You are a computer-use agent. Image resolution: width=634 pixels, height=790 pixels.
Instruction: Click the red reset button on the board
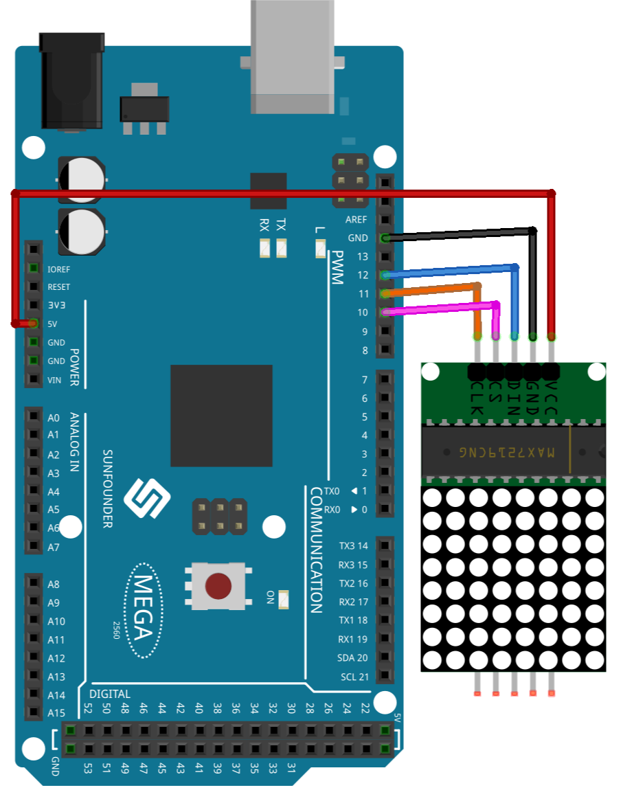tap(218, 586)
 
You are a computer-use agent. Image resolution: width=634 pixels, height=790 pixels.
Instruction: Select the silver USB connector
tap(293, 56)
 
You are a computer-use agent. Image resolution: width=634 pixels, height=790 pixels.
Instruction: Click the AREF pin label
tap(356, 220)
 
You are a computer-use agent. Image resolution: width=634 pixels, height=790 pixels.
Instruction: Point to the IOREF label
tap(58, 269)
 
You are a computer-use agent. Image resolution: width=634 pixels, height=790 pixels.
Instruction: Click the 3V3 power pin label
tap(56, 305)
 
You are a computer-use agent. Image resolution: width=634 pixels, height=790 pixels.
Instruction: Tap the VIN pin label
tap(54, 381)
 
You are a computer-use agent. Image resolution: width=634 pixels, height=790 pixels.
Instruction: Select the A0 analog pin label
tap(54, 418)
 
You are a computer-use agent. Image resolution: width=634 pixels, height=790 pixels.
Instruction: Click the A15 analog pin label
tap(56, 713)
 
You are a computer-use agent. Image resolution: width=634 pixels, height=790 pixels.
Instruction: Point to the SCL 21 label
tap(354, 677)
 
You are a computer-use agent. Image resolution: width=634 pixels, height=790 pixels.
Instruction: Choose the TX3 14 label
tap(353, 545)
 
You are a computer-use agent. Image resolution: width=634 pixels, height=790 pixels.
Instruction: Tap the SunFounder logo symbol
tap(147, 498)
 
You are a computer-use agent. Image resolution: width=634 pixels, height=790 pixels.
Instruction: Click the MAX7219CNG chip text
tap(506, 452)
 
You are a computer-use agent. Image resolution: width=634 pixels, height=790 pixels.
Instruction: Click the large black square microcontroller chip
tap(221, 416)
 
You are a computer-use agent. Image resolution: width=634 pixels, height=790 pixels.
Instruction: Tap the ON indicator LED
tap(284, 599)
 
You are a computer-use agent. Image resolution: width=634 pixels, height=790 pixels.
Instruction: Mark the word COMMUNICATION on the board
tap(316, 550)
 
